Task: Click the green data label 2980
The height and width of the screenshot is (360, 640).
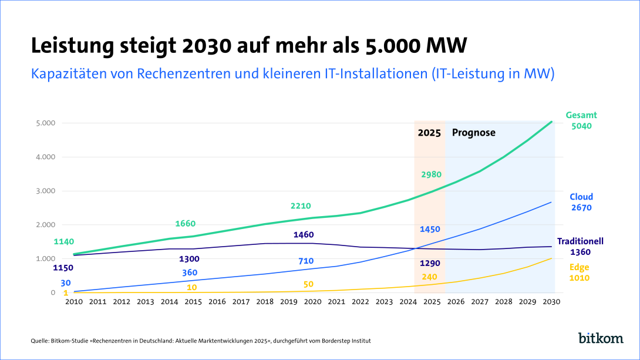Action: (431, 174)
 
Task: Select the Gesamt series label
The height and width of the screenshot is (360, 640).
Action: (581, 115)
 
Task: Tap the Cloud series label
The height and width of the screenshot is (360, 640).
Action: (581, 197)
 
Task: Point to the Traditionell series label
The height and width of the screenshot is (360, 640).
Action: (580, 241)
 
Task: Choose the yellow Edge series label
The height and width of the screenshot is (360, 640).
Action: (580, 267)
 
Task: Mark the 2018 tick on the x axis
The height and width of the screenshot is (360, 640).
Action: (265, 302)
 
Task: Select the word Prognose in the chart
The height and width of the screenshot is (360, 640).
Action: (473, 133)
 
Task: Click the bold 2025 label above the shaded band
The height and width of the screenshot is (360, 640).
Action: (429, 133)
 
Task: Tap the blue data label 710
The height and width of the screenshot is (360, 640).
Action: (306, 261)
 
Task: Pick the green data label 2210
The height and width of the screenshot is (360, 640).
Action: (301, 206)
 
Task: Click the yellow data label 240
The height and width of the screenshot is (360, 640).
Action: (429, 277)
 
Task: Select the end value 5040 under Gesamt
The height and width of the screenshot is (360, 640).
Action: (581, 126)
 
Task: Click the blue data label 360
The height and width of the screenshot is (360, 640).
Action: (189, 272)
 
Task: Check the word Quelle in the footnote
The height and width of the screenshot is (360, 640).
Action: (41, 341)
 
